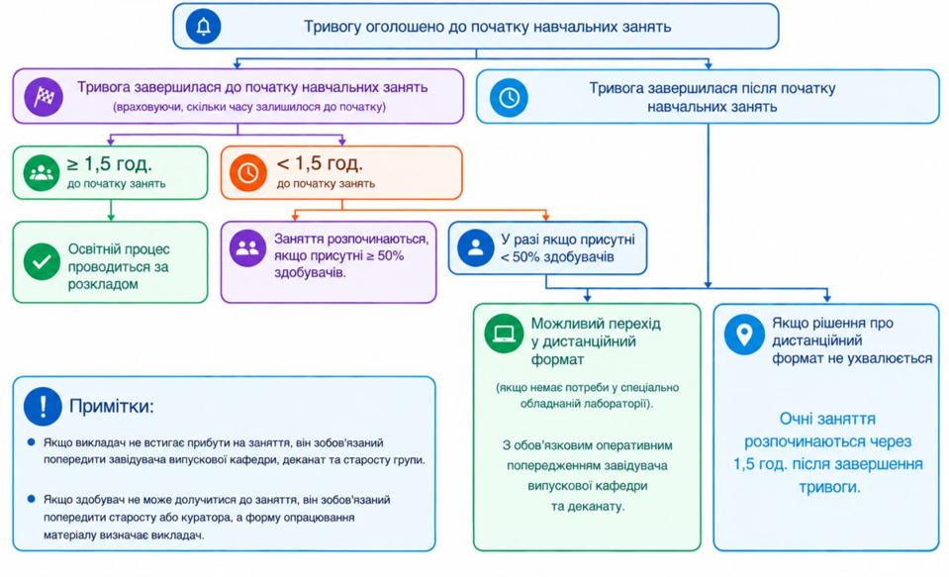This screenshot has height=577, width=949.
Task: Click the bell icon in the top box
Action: click(x=204, y=27)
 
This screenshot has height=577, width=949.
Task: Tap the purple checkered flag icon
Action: click(x=44, y=97)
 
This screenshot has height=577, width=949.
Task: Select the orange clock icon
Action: click(x=247, y=172)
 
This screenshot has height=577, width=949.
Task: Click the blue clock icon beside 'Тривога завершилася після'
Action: click(x=509, y=97)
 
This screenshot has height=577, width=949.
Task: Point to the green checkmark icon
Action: click(x=42, y=261)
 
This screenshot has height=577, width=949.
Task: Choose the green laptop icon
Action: click(x=504, y=333)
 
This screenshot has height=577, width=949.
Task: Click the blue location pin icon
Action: click(x=744, y=335)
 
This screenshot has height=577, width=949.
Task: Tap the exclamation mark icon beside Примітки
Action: click(x=43, y=406)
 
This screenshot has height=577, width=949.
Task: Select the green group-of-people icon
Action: click(x=42, y=172)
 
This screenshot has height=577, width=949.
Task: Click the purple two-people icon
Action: click(x=247, y=247)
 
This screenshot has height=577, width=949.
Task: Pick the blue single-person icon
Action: click(x=476, y=247)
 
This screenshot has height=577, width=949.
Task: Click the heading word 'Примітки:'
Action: click(x=112, y=406)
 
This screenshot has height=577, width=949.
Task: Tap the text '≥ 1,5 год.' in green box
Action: click(x=109, y=164)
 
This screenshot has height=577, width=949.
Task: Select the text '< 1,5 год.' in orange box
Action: click(x=320, y=163)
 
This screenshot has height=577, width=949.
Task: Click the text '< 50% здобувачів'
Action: click(x=557, y=256)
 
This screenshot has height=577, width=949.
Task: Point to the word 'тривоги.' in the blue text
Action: click(x=829, y=487)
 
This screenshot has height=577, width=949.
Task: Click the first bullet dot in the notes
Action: click(x=31, y=442)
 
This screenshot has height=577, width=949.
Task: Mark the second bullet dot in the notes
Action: click(x=31, y=499)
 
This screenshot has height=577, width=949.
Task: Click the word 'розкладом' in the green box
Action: click(x=103, y=285)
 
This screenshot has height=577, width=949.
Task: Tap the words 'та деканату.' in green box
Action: click(x=588, y=506)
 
